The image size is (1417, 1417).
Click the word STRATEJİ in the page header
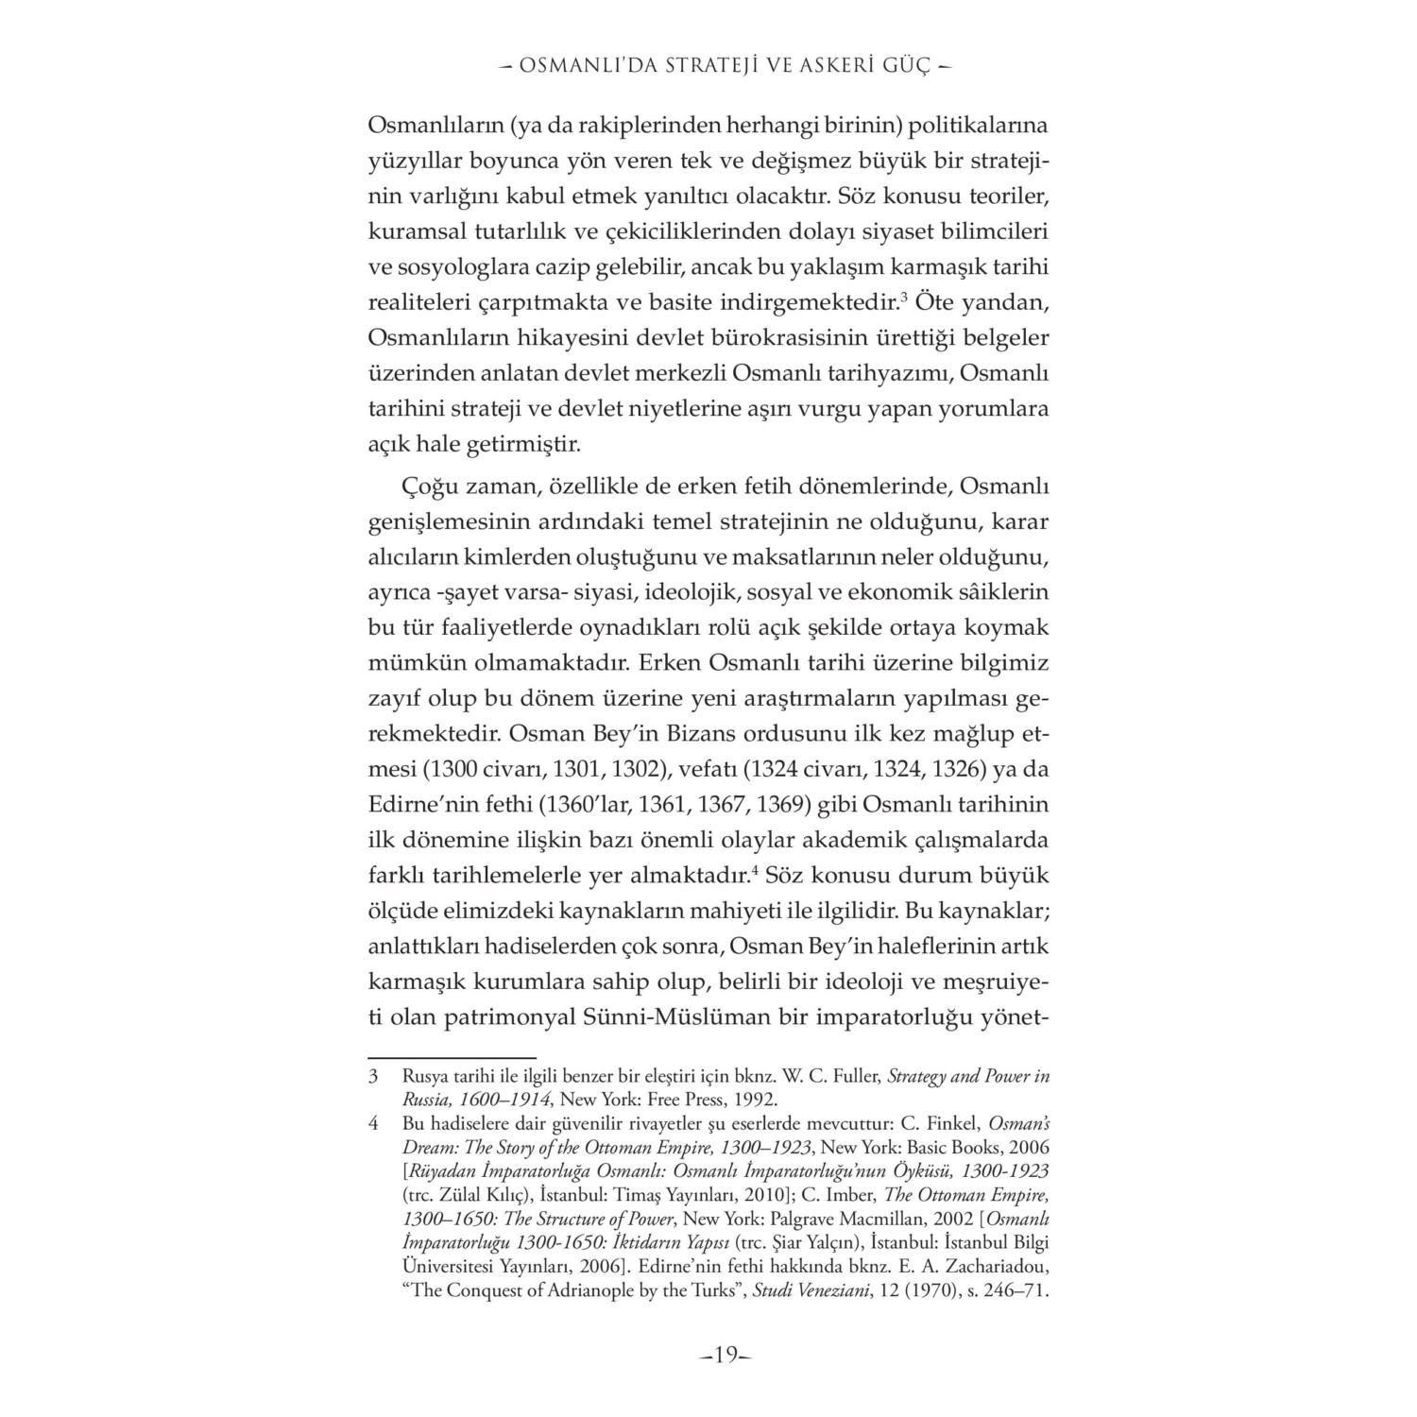[x=699, y=66]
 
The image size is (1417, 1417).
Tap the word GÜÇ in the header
[x=906, y=66]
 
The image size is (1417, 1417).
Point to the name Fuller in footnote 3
[x=862, y=1076]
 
